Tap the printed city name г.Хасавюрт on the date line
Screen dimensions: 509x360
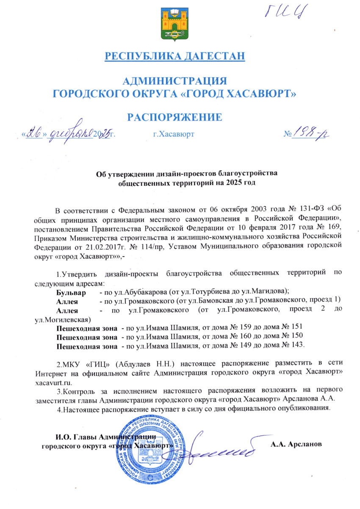coord(173,135)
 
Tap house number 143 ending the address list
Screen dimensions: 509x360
coord(297,345)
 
